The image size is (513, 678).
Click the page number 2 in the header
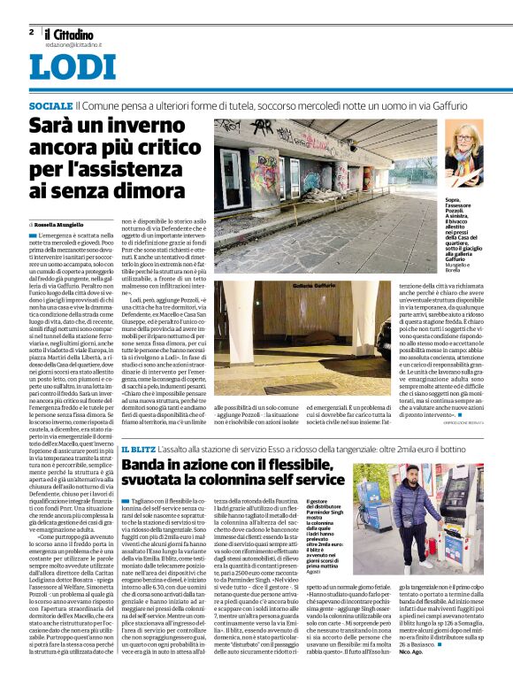(x=31, y=32)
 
